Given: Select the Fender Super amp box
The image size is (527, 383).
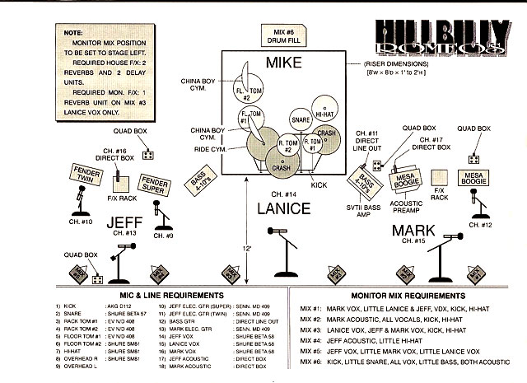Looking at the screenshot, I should tap(154, 183).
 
